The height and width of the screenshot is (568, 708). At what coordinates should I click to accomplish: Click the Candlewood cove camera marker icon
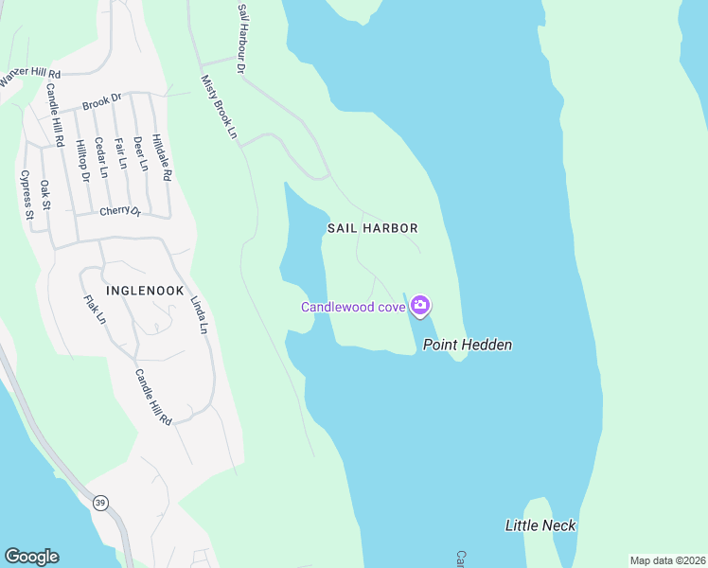[420, 306]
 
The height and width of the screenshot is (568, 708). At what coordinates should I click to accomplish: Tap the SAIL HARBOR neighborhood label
[373, 228]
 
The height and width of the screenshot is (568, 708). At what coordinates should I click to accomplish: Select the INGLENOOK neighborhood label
[145, 291]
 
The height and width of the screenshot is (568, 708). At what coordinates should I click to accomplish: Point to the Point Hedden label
[468, 345]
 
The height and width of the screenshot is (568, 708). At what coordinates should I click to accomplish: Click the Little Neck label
[540, 525]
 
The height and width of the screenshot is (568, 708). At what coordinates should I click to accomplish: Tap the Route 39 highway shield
[99, 503]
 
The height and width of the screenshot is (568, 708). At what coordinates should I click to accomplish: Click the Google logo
[31, 557]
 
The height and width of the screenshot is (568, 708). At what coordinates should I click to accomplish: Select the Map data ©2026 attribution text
[667, 560]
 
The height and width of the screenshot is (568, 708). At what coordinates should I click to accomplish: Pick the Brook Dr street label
[102, 100]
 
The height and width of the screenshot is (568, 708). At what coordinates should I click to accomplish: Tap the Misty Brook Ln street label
[218, 108]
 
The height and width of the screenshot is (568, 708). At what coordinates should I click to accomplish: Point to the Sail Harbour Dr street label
[242, 38]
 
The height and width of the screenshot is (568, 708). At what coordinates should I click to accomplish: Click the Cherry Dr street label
[120, 211]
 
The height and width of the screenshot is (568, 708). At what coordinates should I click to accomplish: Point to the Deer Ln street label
[141, 153]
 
